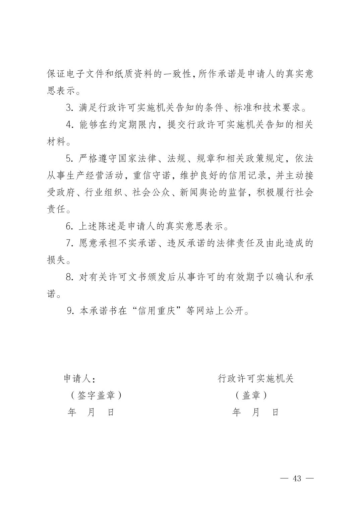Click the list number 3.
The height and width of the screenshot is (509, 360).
(x=69, y=108)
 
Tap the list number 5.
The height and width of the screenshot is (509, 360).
(x=69, y=158)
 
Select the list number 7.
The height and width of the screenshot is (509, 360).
(x=69, y=243)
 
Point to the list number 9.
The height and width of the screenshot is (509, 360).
(x=70, y=311)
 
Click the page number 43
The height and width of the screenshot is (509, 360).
(x=297, y=478)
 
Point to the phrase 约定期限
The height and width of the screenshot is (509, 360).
(x=133, y=125)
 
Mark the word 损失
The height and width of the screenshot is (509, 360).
(x=56, y=260)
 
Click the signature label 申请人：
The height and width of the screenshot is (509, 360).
(x=79, y=379)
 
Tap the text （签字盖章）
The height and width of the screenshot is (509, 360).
(x=96, y=395)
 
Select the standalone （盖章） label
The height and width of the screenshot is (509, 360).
(x=251, y=395)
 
